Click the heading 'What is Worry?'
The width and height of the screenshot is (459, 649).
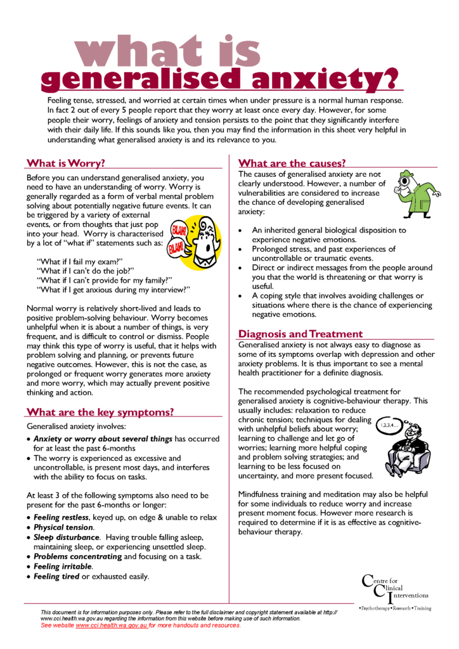[x=65, y=163]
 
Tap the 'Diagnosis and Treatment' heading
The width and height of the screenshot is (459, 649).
[x=301, y=333]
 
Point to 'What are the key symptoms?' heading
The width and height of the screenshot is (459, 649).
[x=100, y=412]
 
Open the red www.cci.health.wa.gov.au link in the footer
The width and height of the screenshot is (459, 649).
[x=112, y=626]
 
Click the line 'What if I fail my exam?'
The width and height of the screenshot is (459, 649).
[x=80, y=261]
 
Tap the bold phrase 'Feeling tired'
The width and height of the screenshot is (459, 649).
[x=56, y=577]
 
